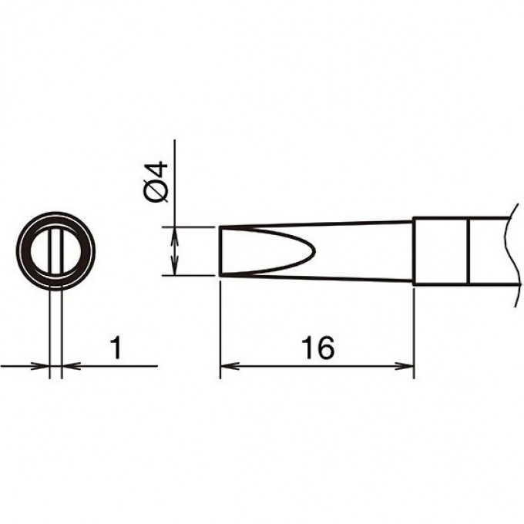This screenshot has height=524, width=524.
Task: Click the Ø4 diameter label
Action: coord(156,181)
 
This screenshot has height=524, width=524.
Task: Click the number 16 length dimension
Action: coord(317,348)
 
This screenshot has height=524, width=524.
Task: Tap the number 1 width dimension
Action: coord(116,348)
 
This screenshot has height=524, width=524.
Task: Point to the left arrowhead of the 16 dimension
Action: coord(230,366)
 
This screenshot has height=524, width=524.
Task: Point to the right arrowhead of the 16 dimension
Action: coord(405,366)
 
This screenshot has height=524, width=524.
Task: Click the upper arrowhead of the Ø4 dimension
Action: coord(174,236)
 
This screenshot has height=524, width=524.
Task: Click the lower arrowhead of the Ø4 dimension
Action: coord(174,267)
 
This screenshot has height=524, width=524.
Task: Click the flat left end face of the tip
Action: coord(220,250)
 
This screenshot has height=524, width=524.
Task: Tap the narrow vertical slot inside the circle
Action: coord(55,251)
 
